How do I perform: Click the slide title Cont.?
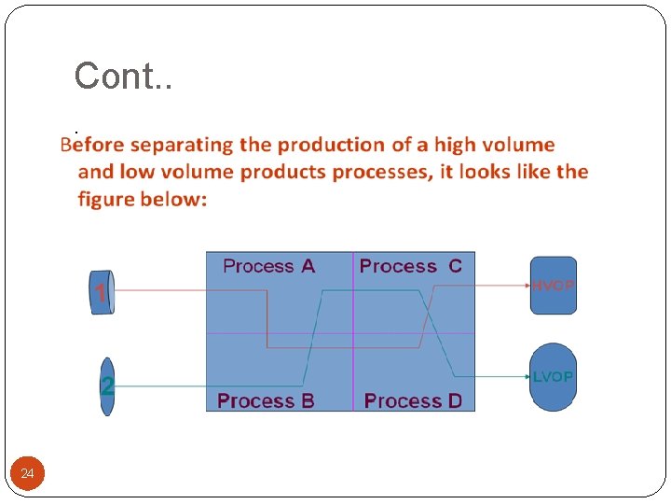[x=123, y=76]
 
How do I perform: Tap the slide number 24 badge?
[x=28, y=474]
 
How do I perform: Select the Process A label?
[x=268, y=266]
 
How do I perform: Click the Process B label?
[x=266, y=400]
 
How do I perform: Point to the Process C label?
[x=410, y=266]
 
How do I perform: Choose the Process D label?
[x=413, y=400]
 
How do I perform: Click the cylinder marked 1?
[x=102, y=292]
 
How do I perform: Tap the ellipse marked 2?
[x=107, y=385]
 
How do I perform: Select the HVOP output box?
[x=554, y=285]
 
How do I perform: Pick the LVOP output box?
[x=554, y=377]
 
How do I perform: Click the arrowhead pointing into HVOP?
[x=525, y=286]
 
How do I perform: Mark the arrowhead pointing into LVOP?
[x=525, y=377]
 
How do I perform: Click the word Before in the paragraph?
[x=92, y=145]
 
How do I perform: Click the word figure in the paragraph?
[x=107, y=199]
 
